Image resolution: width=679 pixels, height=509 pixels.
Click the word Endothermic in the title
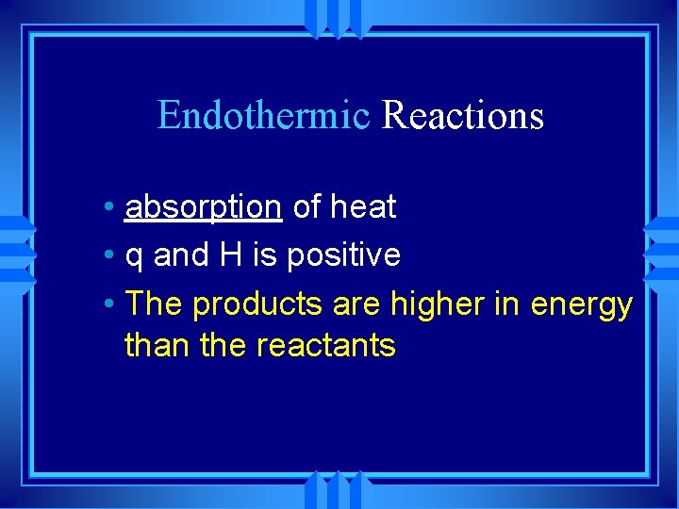tap(263, 116)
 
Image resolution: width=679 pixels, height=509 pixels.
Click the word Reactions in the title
tap(463, 116)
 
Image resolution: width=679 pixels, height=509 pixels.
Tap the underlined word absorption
tap(203, 206)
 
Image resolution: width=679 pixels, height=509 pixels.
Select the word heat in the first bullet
tap(363, 206)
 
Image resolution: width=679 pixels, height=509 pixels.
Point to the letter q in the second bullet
tap(134, 255)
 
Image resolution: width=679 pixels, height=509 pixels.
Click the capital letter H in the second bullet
tap(231, 254)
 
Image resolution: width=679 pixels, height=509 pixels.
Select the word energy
tap(582, 305)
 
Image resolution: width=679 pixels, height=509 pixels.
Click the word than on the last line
tap(154, 345)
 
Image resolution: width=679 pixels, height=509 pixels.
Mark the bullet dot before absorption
tap(111, 207)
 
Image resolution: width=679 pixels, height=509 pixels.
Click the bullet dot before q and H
tap(111, 255)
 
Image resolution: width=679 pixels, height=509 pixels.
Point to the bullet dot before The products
tap(111, 304)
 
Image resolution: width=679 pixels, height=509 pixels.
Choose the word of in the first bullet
tap(306, 206)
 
